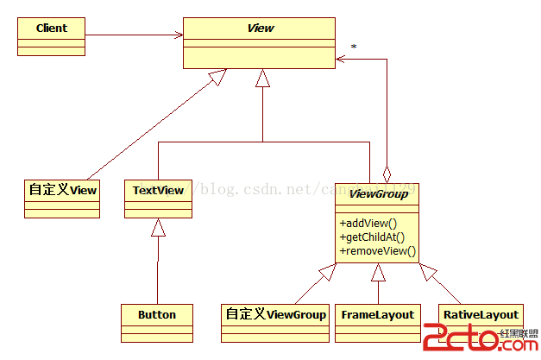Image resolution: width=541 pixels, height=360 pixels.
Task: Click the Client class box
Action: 52,35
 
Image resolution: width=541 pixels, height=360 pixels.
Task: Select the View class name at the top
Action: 260,28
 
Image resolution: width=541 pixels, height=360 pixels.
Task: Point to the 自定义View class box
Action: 62,196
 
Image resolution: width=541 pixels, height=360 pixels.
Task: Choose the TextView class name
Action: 158,189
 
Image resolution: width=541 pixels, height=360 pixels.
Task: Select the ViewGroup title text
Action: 377,195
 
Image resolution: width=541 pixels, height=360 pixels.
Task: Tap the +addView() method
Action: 368,222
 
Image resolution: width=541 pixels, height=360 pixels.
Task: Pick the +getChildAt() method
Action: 373,237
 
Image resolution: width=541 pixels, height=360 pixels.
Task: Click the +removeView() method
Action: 378,251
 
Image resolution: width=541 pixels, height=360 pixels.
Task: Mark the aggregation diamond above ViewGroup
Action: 389,171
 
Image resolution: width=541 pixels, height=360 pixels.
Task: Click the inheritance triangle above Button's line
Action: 157,229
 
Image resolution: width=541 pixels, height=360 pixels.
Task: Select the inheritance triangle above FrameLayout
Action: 377,273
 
